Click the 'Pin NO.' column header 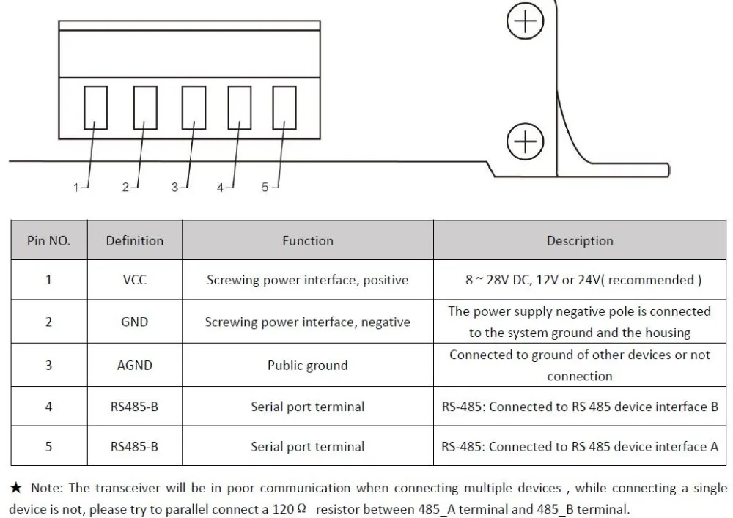(48, 240)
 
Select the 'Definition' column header (135, 240)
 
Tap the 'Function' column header (308, 240)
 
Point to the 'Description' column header (580, 240)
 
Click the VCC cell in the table (135, 280)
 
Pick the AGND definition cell (135, 366)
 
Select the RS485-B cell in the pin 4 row (135, 407)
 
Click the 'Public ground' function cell (308, 366)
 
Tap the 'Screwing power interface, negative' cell (308, 322)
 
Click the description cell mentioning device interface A (580, 446)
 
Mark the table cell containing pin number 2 (48, 322)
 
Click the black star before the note (16, 488)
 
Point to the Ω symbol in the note (301, 508)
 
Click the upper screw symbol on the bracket (526, 21)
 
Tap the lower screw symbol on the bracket (526, 141)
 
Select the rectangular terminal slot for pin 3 (194, 108)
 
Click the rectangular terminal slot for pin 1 (95, 108)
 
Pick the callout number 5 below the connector (265, 188)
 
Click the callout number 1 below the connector (76, 188)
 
